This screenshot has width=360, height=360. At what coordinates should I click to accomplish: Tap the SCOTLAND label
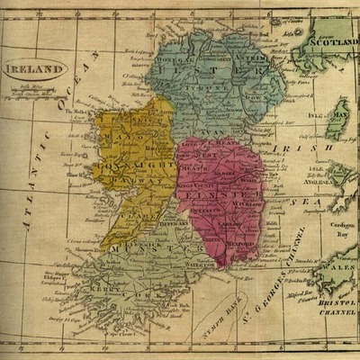tap(328, 41)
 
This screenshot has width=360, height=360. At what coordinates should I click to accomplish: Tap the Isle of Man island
tap(337, 123)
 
